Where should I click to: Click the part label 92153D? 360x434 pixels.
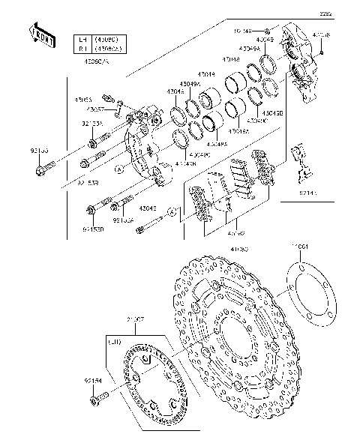coord(94,229)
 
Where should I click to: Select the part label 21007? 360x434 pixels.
coord(136,320)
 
